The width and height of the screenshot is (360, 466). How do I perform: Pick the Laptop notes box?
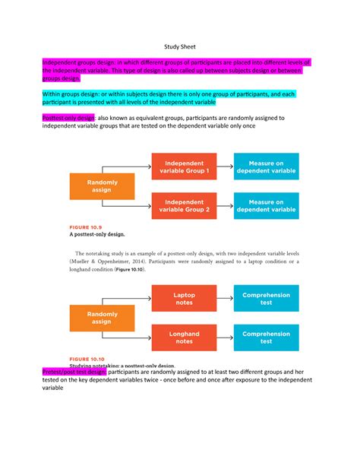pos(184,299)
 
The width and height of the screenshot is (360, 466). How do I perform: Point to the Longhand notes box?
pos(184,337)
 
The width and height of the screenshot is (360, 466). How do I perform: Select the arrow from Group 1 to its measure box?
pos(225,168)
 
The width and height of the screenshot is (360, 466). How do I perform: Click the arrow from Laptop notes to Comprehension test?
pos(225,299)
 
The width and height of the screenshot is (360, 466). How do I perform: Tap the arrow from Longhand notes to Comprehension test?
pos(225,337)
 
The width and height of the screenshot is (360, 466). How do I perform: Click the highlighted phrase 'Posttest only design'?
pos(68,118)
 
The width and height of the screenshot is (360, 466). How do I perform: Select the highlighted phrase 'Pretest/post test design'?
pos(74,372)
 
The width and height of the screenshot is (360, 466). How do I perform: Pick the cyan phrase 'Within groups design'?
pos(68,93)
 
